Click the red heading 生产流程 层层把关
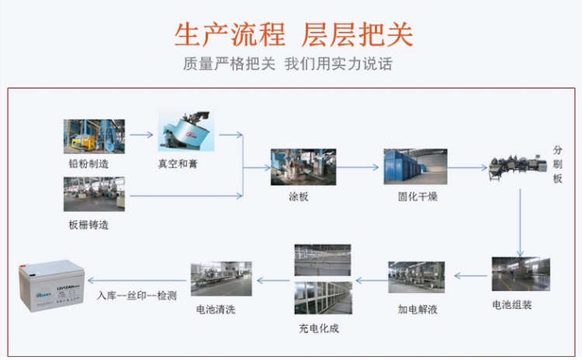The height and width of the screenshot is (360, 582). (293, 34)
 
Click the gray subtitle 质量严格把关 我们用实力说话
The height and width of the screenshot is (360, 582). (288, 64)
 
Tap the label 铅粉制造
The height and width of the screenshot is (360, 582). (88, 164)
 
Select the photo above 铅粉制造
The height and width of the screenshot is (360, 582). (94, 137)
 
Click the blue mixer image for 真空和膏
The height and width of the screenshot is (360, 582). (186, 131)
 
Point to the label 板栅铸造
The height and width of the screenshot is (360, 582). (88, 224)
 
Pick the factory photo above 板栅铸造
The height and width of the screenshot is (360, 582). (94, 194)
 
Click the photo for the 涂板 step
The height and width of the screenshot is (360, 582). (303, 167)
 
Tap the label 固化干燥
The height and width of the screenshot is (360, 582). (417, 196)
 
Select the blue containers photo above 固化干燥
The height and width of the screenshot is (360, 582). (415, 167)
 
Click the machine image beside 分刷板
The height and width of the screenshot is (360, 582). (518, 167)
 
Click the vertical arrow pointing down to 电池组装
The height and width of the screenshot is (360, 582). (520, 223)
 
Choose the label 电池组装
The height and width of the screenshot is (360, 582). (512, 305)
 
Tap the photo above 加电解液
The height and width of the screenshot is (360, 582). (417, 277)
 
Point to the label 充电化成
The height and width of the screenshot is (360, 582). (319, 328)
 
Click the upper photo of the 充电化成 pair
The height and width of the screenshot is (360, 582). (323, 260)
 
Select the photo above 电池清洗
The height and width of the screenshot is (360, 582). (221, 279)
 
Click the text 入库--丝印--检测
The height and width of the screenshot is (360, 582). (137, 296)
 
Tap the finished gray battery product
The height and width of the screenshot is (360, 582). (51, 285)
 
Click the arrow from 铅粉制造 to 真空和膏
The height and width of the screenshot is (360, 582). (141, 135)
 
